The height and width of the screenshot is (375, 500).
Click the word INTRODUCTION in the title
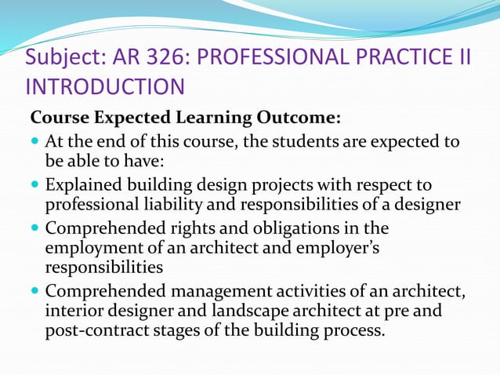tap(105, 87)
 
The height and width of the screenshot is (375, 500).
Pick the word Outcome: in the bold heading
tap(299, 118)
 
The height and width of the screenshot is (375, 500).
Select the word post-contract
tap(95, 330)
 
